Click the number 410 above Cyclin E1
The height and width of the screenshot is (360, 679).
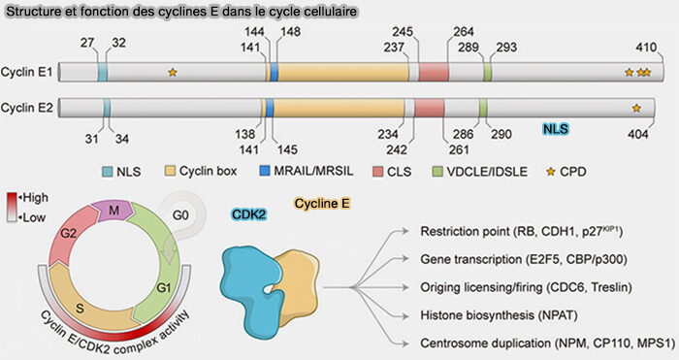click(647, 48)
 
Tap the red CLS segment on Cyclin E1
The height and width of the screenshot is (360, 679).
click(434, 73)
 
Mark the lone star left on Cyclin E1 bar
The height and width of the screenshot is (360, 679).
click(173, 72)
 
